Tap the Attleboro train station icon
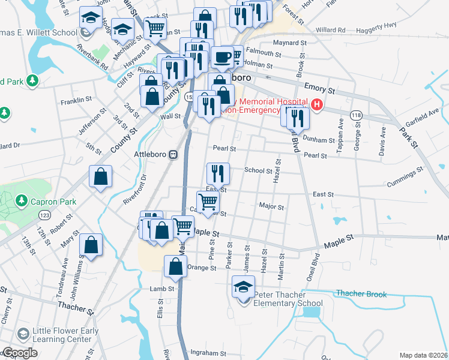pos(173,154)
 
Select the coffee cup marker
pos(221,58)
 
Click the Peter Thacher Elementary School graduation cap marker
pos(243,287)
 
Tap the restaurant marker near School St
pos(218,173)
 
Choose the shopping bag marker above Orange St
pos(174,268)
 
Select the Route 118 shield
pos(357,115)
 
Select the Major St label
pos(271,206)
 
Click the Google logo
pos(19,353)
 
